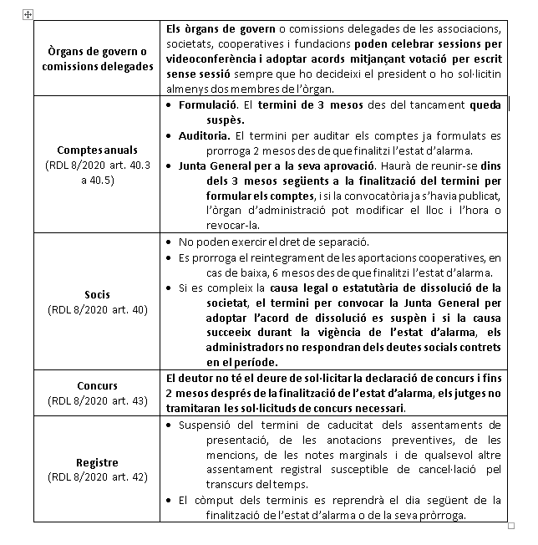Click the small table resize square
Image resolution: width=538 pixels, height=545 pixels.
coord(511,526)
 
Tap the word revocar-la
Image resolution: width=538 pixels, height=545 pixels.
coord(233,225)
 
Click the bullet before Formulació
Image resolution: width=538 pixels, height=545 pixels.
coord(170,105)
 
